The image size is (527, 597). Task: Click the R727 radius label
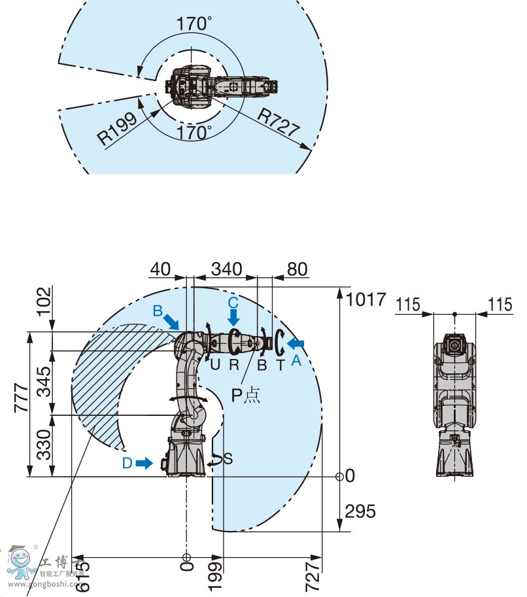(x=277, y=122)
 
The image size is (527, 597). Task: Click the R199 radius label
(x=118, y=128)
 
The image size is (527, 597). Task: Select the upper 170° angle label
(x=194, y=24)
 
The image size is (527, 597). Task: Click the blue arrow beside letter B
(x=172, y=321)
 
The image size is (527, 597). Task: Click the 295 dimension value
(x=361, y=511)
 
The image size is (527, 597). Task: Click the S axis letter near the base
(x=228, y=458)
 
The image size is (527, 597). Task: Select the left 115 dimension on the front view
(x=409, y=304)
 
